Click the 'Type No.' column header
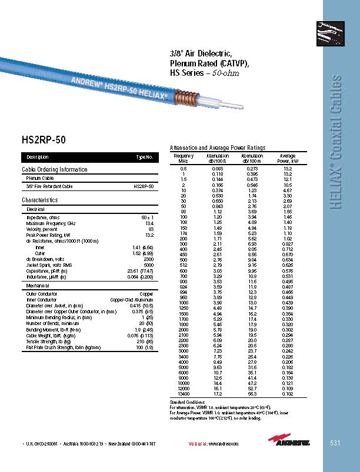145,158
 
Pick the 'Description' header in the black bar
38,158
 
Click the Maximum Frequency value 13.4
149,223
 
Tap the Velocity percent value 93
151,229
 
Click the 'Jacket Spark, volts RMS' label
49,265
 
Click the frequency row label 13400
183,393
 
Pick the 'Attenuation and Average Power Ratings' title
217,148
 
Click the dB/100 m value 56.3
253,393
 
